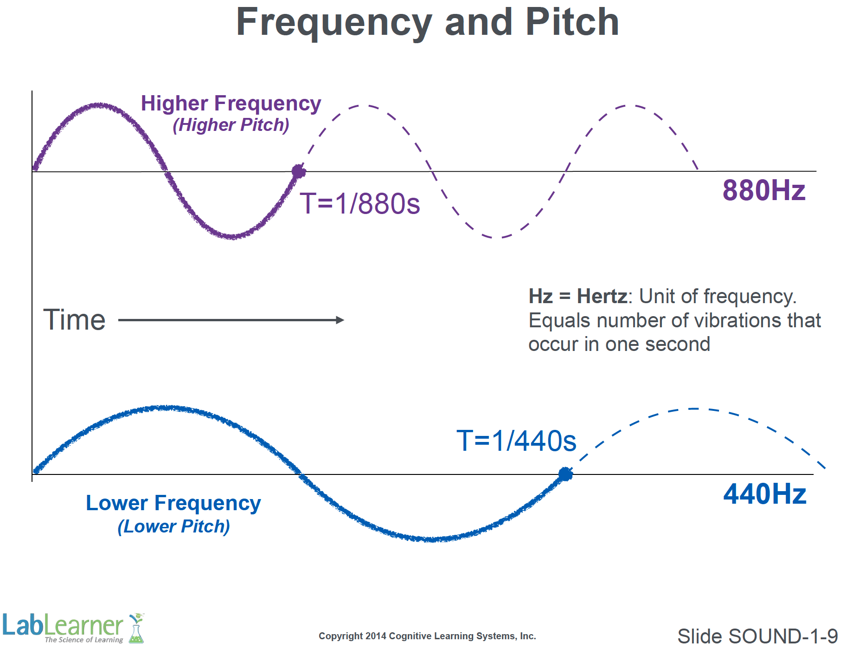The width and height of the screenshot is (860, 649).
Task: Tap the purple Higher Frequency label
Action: (x=231, y=104)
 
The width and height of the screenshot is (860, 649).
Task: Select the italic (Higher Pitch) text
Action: (x=231, y=125)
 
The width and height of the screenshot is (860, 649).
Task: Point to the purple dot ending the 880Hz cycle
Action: (x=298, y=172)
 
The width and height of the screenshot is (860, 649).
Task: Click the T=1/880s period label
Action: (x=359, y=204)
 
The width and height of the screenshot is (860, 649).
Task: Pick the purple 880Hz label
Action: (x=764, y=190)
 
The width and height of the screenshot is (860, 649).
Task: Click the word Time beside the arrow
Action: (x=74, y=320)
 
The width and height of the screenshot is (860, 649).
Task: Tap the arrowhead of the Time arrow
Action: (x=340, y=320)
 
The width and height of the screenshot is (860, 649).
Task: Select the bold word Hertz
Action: (x=602, y=296)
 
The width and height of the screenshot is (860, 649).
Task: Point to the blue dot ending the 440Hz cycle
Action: (x=565, y=474)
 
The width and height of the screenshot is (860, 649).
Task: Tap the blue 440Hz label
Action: (x=764, y=494)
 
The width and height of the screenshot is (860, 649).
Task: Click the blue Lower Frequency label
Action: (x=173, y=503)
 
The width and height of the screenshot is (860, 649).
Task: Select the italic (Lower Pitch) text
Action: (x=173, y=526)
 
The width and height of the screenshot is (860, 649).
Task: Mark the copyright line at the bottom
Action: (x=427, y=636)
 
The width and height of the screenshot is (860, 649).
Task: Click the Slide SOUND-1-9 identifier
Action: (x=757, y=636)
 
